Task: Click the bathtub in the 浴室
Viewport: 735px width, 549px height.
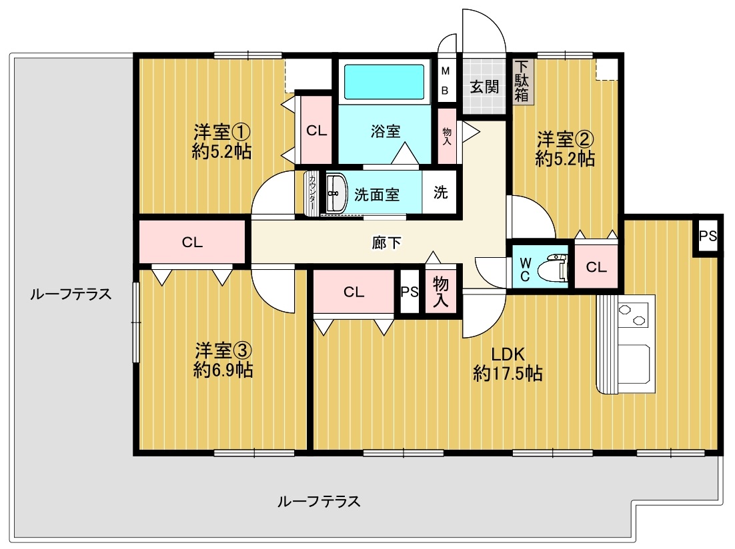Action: coord(384,81)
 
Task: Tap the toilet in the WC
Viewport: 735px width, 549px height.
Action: coord(552,268)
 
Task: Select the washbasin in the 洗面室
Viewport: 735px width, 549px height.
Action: coord(335,193)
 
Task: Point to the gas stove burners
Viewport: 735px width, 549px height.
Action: coord(633,314)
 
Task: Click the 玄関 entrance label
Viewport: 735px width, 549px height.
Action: coord(484,87)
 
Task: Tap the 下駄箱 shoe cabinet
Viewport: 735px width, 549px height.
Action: coord(522,81)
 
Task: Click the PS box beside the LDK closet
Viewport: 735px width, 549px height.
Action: coord(410,292)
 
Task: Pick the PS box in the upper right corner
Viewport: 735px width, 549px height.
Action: coord(708,236)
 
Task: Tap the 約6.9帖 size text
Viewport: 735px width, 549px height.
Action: coord(223,370)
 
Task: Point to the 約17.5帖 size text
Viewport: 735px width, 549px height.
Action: coord(508,373)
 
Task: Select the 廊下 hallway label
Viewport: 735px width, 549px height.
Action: coord(387,243)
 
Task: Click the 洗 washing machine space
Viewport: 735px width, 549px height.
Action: coord(440,193)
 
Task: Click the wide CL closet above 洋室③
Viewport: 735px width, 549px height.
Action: coord(192,242)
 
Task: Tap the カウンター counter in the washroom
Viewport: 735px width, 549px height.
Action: coord(312,193)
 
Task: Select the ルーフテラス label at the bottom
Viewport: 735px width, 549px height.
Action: coord(319,502)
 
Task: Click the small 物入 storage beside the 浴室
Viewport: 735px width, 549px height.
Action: coord(447,136)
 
